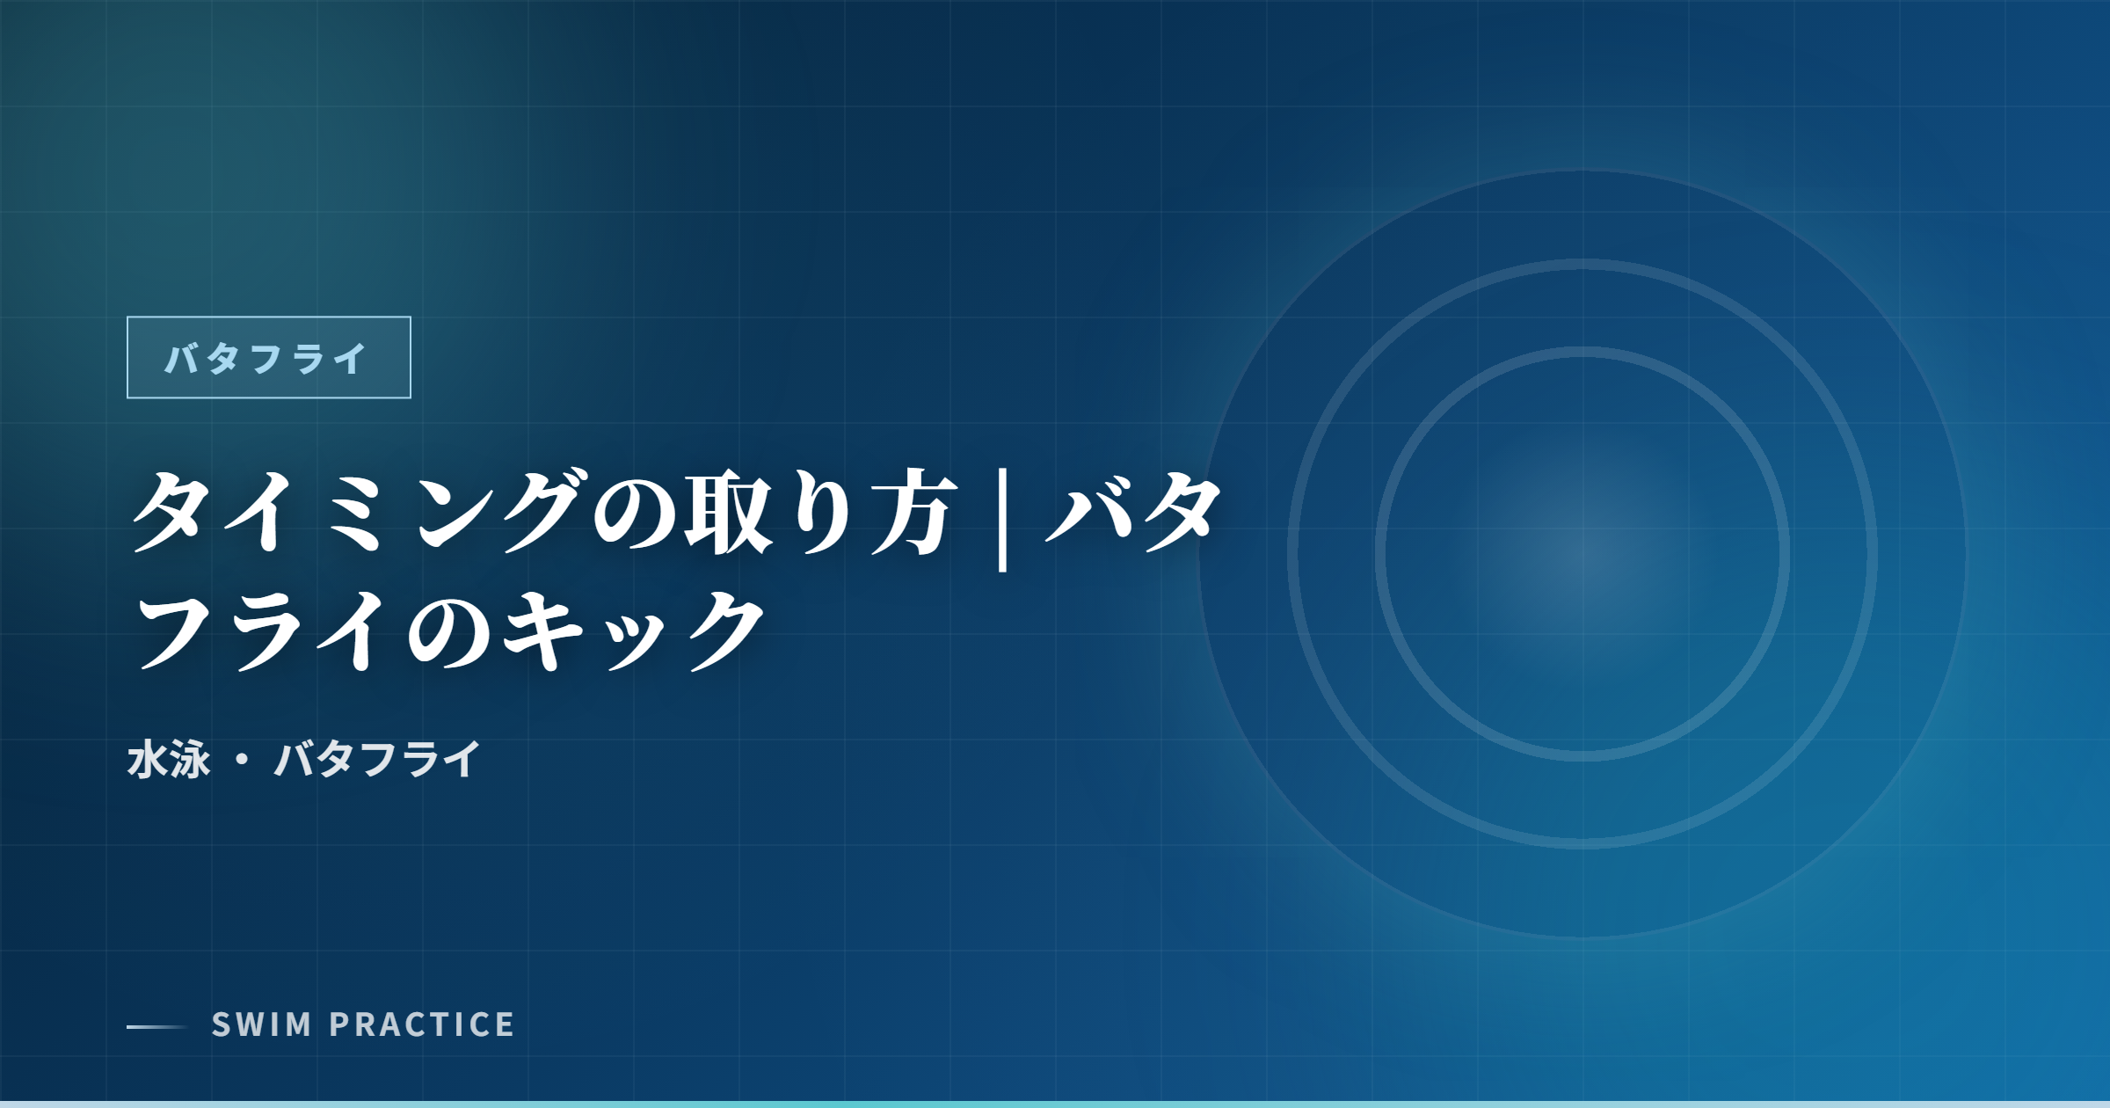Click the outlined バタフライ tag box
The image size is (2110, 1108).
pyautogui.click(x=268, y=357)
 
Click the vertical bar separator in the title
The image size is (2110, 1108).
pyautogui.click(x=1002, y=519)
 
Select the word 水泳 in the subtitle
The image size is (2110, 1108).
pyautogui.click(x=169, y=759)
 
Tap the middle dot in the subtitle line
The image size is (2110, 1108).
pyautogui.click(x=243, y=759)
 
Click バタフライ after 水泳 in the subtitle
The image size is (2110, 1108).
pyautogui.click(x=378, y=759)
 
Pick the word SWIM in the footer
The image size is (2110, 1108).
pyautogui.click(x=262, y=1024)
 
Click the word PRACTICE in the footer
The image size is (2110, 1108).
pyautogui.click(x=422, y=1024)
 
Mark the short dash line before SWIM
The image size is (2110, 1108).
pyautogui.click(x=157, y=1026)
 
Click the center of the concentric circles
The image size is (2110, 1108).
pyautogui.click(x=1582, y=554)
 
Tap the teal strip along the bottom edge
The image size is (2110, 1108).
pyautogui.click(x=1055, y=1104)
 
